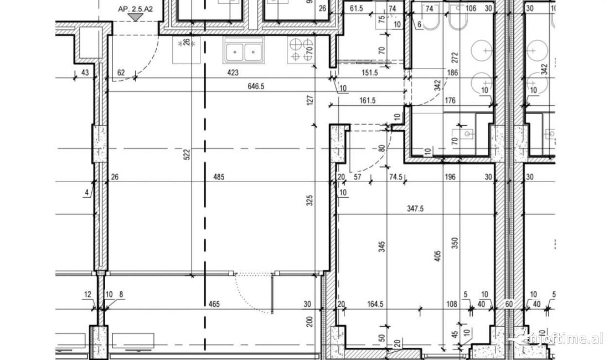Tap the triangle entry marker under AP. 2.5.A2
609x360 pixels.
point(135,18)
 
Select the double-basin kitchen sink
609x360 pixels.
point(244,52)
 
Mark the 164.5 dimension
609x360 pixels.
point(375,304)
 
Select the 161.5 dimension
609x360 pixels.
point(367,100)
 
